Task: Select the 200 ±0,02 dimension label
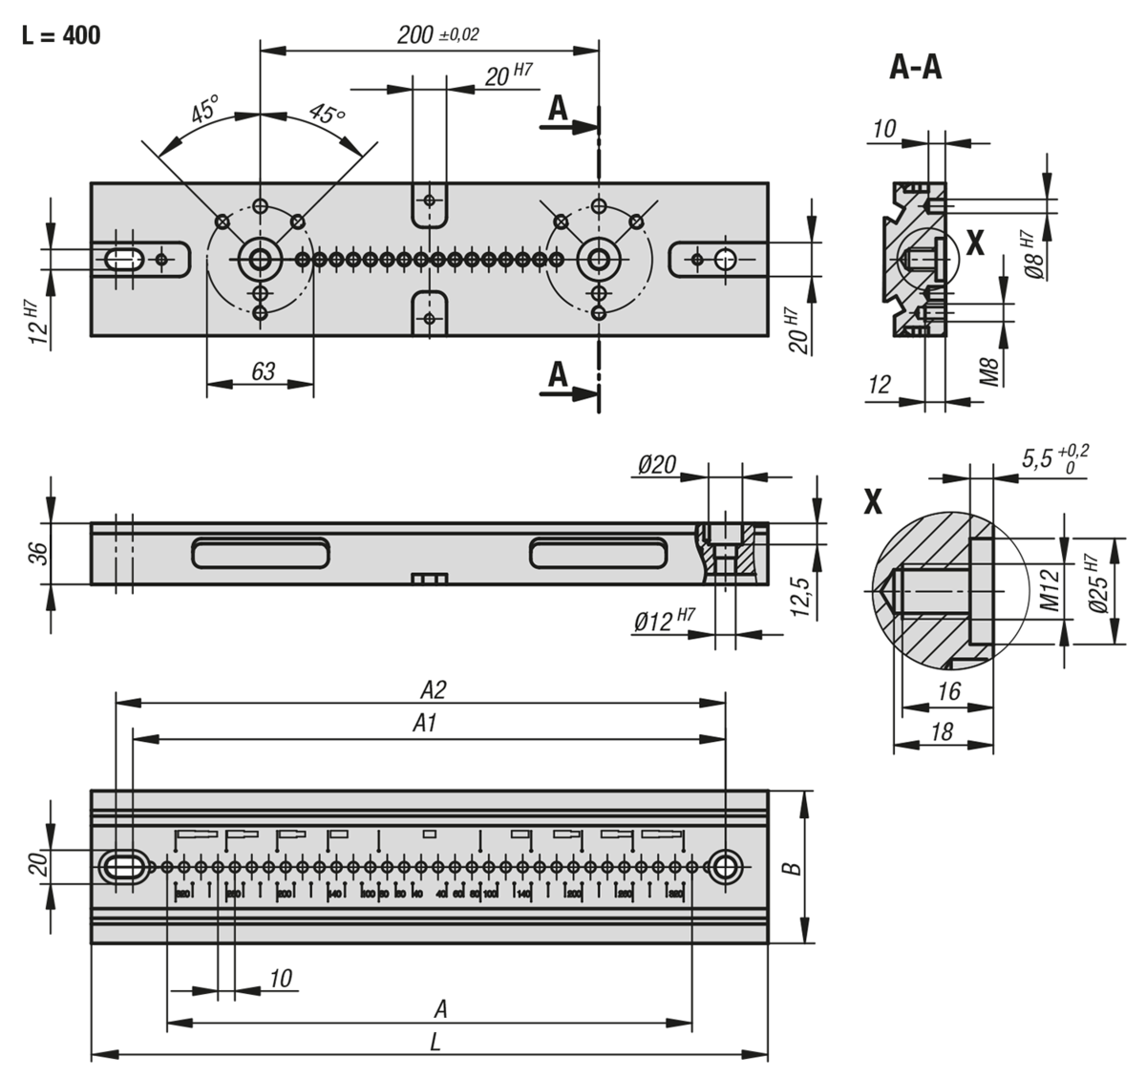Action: click(438, 35)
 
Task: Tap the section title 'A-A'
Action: click(915, 68)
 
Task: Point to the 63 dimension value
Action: click(264, 371)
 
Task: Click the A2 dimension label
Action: click(435, 689)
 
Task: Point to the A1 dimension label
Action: click(425, 725)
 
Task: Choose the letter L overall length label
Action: click(435, 1044)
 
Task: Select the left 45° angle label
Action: click(204, 111)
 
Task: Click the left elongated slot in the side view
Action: click(261, 554)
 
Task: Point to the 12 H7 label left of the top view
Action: click(35, 321)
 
